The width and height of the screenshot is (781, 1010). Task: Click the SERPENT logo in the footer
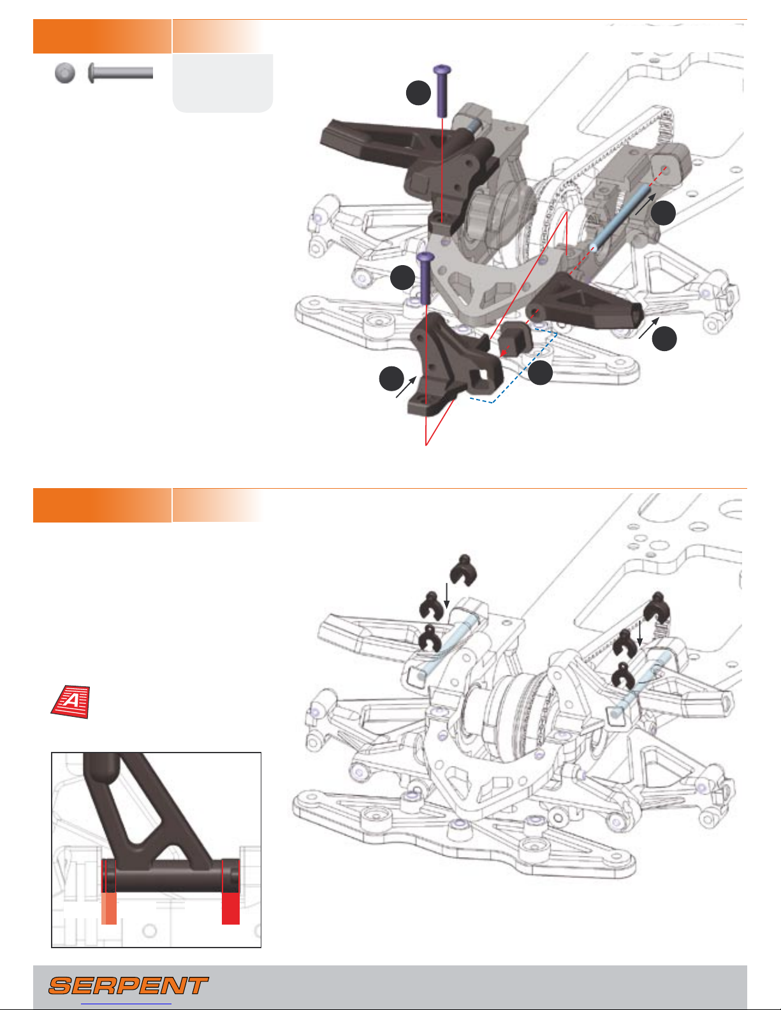(128, 986)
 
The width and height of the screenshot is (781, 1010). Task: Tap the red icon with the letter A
(70, 702)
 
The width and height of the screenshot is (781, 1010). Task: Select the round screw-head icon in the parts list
(64, 73)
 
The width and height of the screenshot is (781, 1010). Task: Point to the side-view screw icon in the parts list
(121, 73)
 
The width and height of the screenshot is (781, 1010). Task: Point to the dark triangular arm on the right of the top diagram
(587, 299)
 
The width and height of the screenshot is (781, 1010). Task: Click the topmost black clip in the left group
(462, 567)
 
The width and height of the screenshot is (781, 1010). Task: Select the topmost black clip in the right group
(657, 605)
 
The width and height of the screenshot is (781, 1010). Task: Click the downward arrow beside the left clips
(448, 596)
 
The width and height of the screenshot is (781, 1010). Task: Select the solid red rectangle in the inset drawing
(230, 907)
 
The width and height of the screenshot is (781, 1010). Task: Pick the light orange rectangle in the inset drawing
(109, 907)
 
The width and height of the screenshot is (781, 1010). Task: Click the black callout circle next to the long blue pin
(664, 213)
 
